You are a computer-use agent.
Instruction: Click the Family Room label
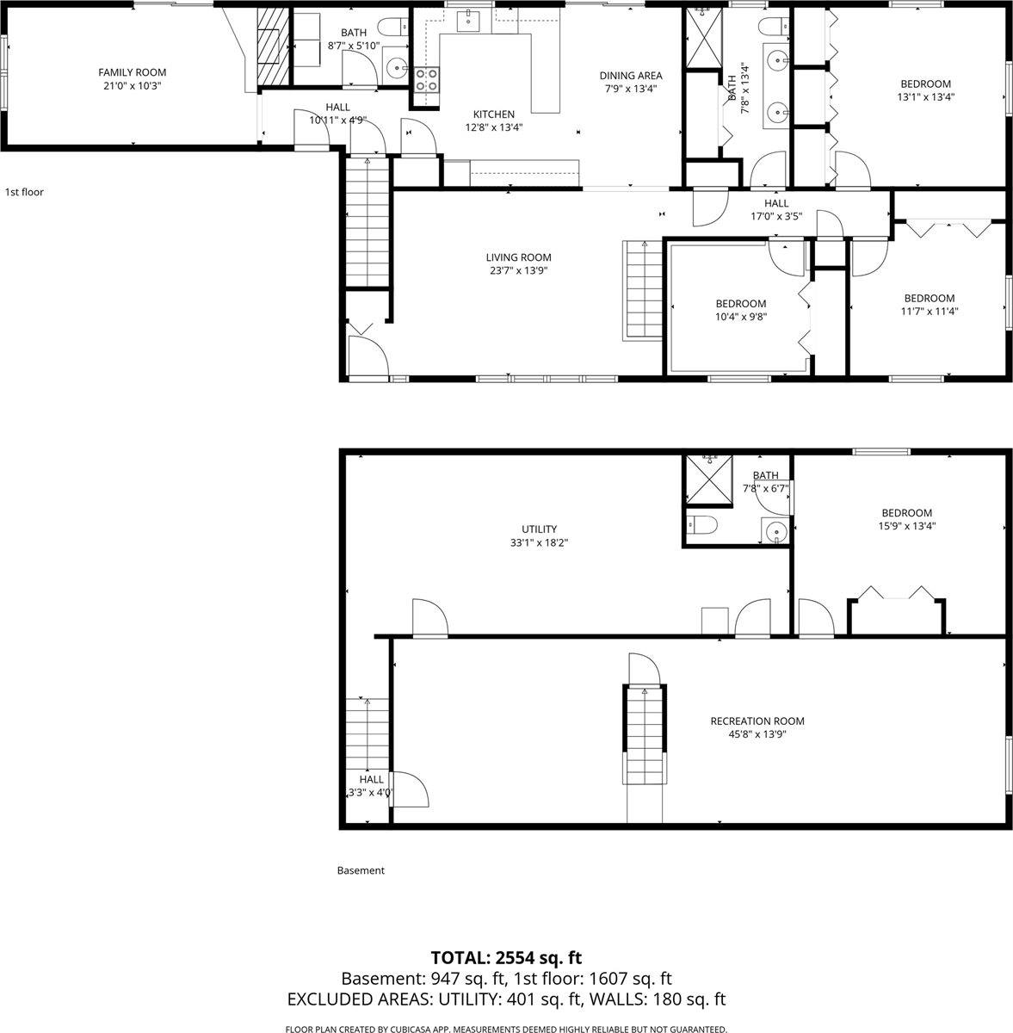tap(132, 72)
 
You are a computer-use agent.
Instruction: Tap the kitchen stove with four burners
tap(427, 80)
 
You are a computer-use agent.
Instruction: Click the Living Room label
tap(518, 257)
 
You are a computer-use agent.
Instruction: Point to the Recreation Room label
tap(757, 721)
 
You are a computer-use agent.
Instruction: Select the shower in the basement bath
tap(705, 479)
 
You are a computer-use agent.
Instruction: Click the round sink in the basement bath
tap(775, 531)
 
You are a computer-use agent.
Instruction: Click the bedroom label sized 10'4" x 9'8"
tap(740, 304)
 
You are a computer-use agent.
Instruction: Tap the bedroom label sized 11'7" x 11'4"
tap(929, 299)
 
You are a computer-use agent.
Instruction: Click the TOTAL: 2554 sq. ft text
tap(506, 957)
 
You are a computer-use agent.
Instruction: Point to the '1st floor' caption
tap(24, 192)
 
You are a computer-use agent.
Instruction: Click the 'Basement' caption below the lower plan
tap(361, 870)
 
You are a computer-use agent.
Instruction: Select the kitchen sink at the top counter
tap(468, 19)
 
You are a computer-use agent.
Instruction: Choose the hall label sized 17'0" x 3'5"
tap(776, 203)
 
